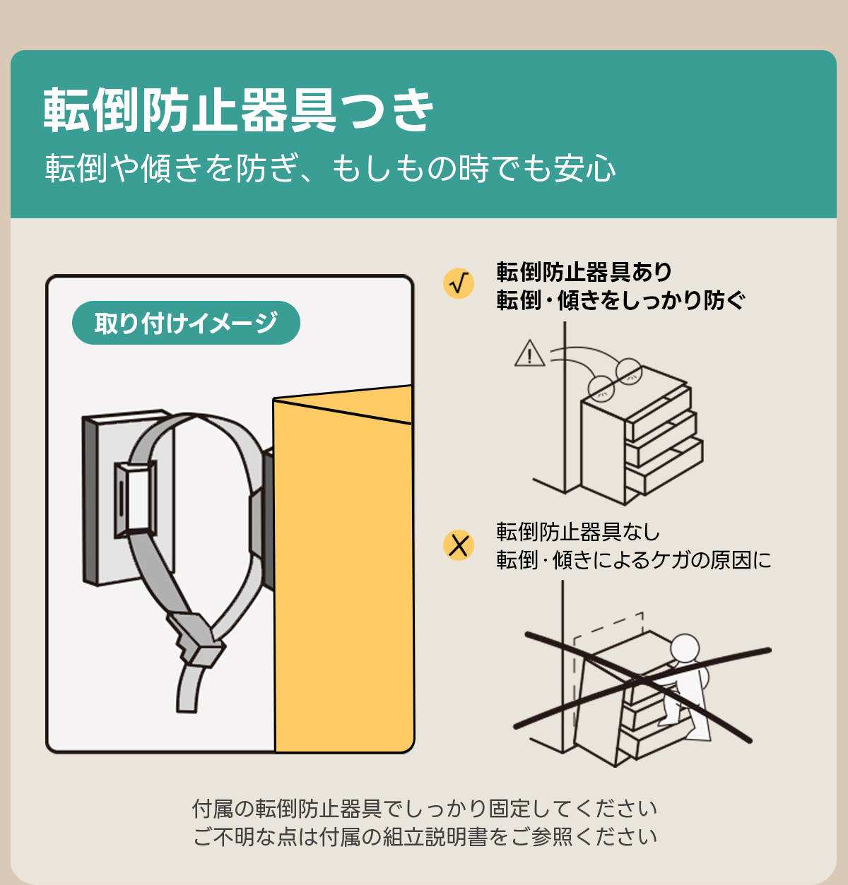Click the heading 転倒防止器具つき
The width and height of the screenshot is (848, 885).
[x=238, y=110]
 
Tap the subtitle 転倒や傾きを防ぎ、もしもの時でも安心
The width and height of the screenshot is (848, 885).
[x=330, y=168]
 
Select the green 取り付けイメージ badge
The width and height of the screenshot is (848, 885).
[x=186, y=323]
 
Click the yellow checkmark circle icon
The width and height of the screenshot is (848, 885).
[x=459, y=283]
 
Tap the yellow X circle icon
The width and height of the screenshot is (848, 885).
[x=459, y=545]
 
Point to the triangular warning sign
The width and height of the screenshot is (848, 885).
[x=529, y=353]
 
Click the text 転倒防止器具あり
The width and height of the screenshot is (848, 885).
[x=584, y=271]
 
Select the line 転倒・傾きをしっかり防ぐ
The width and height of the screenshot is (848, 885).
[x=620, y=300]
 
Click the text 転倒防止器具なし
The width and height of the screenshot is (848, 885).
[x=578, y=531]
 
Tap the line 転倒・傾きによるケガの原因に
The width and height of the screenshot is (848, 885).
[x=634, y=559]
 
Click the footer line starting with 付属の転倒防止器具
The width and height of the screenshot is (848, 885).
[x=425, y=809]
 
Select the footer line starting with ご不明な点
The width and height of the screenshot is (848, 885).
[x=425, y=837]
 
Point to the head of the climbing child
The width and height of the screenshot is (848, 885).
[x=685, y=648]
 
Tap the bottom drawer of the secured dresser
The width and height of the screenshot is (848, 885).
[x=664, y=466]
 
